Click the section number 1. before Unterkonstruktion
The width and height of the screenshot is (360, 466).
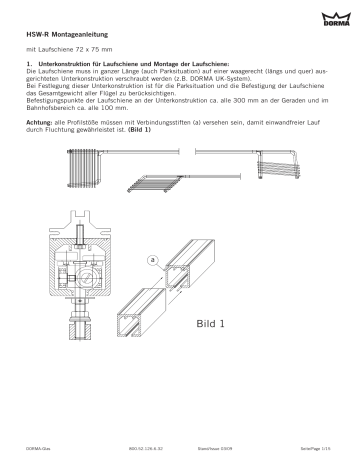[x=29, y=64]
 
